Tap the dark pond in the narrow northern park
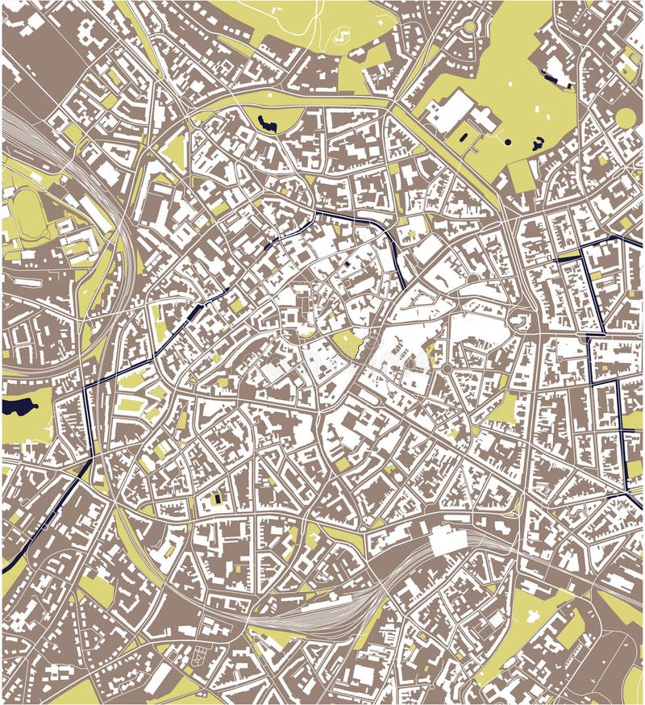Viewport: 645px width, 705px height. point(266,123)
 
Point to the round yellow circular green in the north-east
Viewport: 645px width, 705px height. point(625,119)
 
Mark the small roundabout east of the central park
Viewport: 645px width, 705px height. point(446,369)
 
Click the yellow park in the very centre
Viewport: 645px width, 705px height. point(347,344)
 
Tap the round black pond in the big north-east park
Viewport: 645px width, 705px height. point(508,142)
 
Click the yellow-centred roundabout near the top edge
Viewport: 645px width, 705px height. point(469,27)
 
